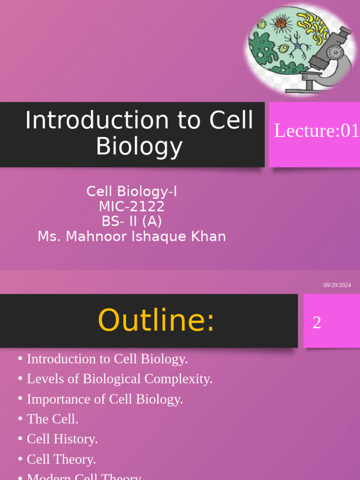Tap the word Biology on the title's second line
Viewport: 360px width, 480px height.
pos(139,146)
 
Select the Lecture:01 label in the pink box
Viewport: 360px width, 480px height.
pos(316,131)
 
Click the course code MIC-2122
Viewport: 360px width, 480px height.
pos(132,206)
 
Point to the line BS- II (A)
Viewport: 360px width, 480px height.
pos(132,221)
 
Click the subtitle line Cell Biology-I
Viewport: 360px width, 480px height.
pos(132,191)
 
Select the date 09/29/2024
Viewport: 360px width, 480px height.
pos(337,285)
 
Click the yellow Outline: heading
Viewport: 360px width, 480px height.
pos(156,321)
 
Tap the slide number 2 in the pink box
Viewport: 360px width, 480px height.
pos(317,322)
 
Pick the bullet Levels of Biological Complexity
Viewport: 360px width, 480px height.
pos(120,379)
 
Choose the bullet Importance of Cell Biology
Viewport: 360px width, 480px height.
pos(105,399)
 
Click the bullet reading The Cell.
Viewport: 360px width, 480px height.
pos(52,419)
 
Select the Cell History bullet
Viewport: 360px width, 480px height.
pos(62,439)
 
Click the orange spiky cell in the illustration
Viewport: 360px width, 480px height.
pos(281,22)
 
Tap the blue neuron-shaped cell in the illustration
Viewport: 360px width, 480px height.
pos(298,45)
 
